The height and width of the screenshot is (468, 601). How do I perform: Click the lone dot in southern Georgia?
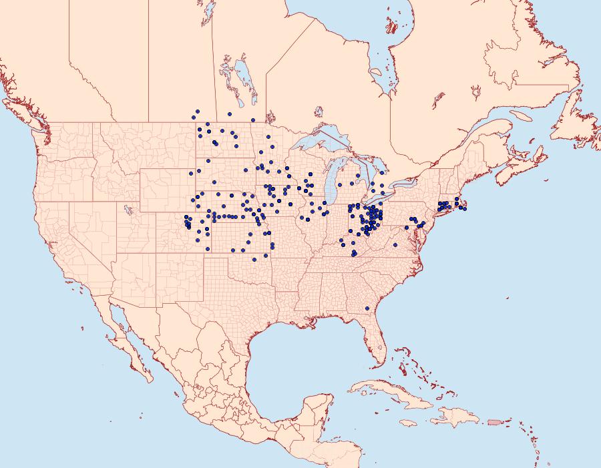coord(367,308)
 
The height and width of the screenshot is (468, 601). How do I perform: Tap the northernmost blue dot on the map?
coord(197,111)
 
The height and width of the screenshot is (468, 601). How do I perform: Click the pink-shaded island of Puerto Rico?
coord(494,421)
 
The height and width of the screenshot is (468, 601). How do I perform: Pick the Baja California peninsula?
coord(127,337)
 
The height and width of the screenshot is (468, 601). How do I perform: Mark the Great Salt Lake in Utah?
coord(128,208)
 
